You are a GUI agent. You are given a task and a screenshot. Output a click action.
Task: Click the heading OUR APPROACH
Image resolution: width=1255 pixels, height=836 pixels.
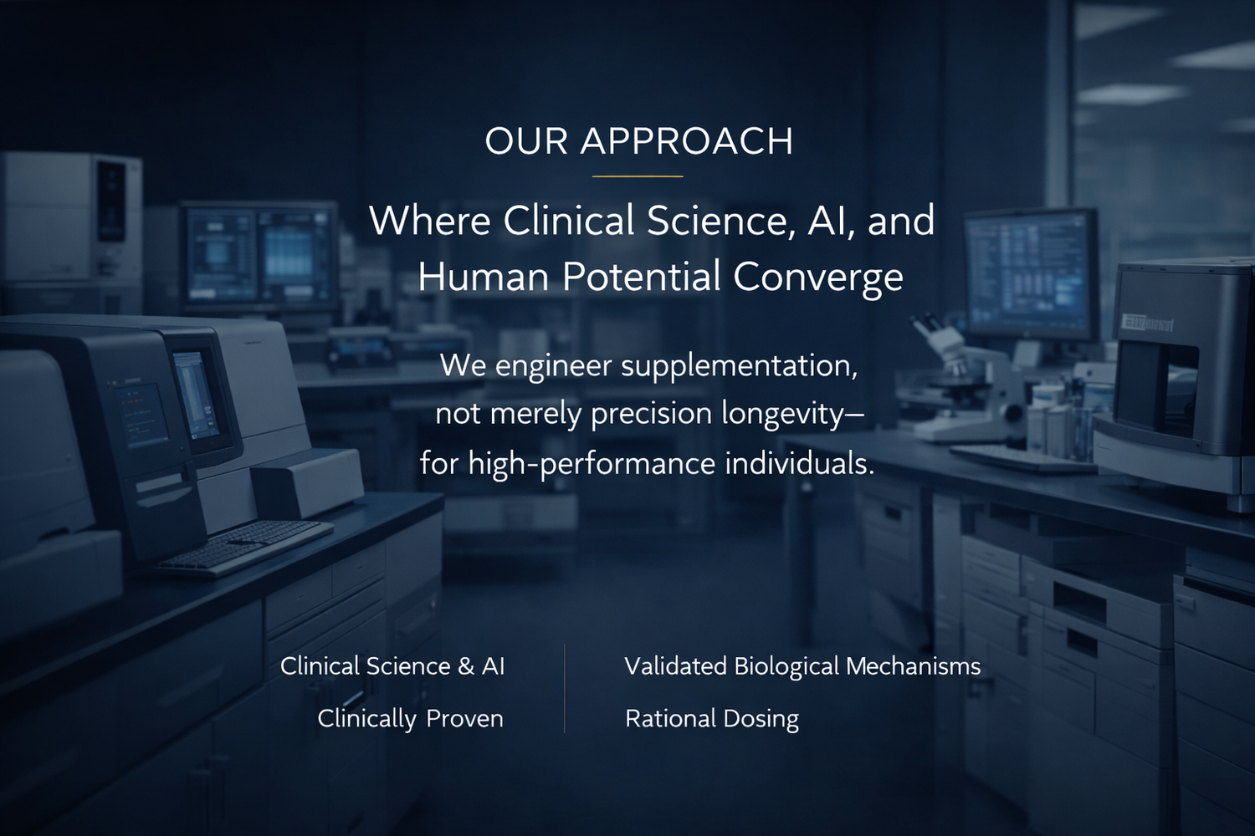tap(638, 141)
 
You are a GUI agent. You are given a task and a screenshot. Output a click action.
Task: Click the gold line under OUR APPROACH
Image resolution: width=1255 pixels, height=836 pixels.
tap(638, 176)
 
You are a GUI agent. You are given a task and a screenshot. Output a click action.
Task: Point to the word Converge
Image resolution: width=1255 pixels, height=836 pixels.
tap(818, 278)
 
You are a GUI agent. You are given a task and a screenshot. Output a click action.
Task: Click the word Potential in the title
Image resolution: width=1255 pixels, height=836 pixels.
tap(642, 277)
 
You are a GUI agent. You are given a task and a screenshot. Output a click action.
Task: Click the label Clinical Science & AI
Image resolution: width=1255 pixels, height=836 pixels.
tap(392, 666)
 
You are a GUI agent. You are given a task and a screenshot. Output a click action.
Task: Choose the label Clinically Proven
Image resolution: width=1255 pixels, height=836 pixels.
tap(411, 719)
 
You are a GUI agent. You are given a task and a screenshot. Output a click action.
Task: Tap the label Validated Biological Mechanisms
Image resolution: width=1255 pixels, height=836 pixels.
tap(802, 666)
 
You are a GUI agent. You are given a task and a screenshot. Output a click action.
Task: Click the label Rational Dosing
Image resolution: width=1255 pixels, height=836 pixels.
tap(712, 719)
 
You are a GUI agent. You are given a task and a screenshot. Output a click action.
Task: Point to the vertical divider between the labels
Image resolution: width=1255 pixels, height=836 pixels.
tap(565, 689)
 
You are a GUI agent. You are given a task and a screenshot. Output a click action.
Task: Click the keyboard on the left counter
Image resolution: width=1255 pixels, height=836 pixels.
tap(243, 548)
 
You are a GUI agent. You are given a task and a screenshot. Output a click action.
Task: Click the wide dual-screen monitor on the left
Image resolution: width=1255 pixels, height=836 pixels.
tap(260, 257)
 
